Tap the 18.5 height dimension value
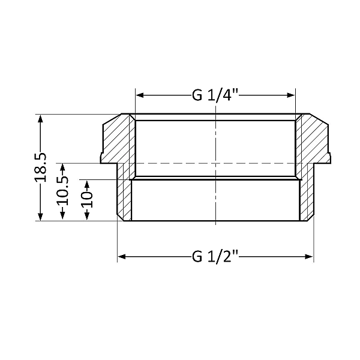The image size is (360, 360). click(41, 168)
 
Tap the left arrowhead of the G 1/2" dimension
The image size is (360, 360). click(121, 257)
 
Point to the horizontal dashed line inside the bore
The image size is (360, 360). click(180, 163)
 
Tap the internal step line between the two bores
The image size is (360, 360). click(180, 177)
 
